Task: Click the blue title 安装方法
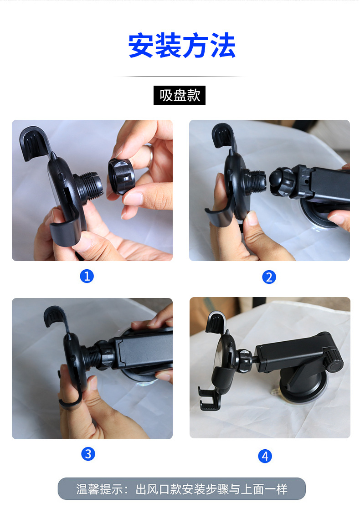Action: point(182,46)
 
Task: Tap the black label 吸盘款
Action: point(180,96)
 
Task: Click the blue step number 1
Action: point(87,276)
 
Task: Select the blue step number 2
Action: point(269,277)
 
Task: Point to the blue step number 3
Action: point(88,454)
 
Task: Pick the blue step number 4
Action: point(265,456)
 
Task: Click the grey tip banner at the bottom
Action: point(182,489)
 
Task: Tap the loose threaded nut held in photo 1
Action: point(121,176)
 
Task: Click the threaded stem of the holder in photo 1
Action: point(90,186)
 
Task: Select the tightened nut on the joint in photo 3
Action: point(105,355)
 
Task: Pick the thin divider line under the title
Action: point(180,77)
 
